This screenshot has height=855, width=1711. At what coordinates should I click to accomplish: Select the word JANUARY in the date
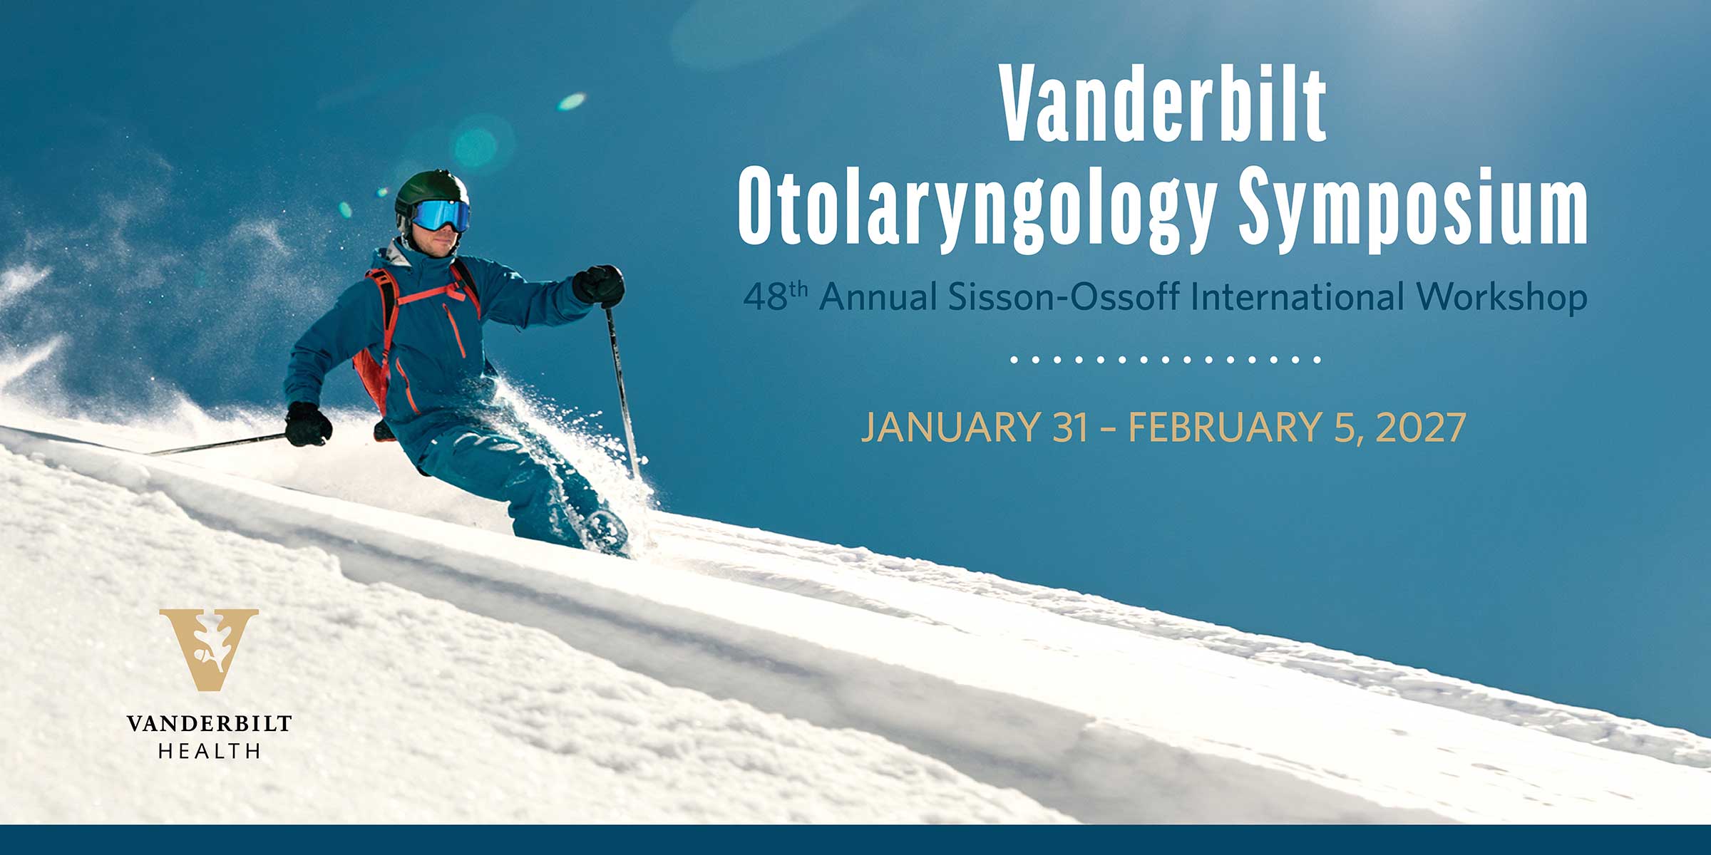(950, 427)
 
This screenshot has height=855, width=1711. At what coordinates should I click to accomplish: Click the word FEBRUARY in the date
(1226, 427)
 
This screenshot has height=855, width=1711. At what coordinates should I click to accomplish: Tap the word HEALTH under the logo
(209, 751)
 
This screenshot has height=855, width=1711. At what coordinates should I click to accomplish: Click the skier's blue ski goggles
(440, 214)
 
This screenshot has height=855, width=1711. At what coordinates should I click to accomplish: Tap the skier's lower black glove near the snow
(308, 425)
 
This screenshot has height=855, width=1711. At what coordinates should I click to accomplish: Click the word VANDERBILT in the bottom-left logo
(209, 724)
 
